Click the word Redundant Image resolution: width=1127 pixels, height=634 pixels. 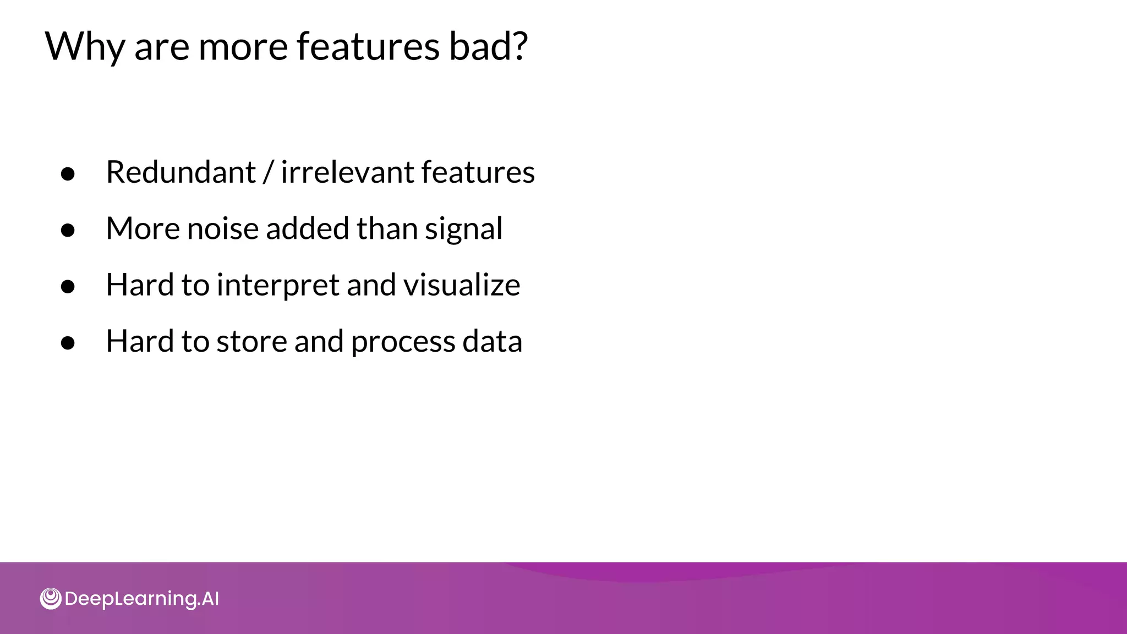180,172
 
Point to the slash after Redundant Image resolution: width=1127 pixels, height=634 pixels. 268,172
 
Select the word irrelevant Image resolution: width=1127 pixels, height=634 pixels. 347,172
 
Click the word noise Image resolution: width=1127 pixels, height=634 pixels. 222,228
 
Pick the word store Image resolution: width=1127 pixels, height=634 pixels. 251,342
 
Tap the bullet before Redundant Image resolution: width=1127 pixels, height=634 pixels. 68,174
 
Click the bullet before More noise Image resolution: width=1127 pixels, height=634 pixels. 68,231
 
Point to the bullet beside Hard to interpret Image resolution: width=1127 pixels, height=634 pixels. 68,287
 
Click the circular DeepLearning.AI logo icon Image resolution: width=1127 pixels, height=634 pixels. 51,599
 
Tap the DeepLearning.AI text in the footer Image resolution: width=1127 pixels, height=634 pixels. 141,599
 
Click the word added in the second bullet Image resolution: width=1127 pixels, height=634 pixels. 307,228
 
